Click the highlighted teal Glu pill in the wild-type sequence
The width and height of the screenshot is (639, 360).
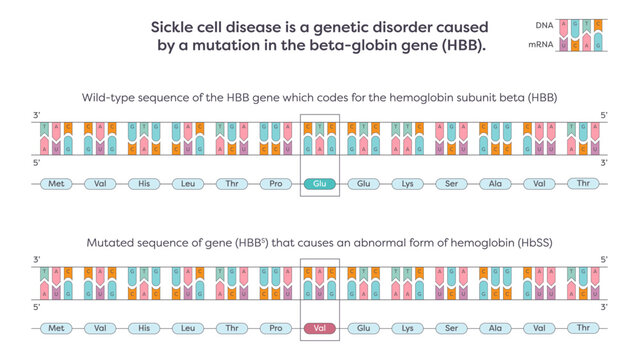pos(320,183)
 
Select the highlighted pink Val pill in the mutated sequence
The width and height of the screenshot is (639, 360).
pos(320,327)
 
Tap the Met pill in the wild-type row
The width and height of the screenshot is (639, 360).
pos(57,183)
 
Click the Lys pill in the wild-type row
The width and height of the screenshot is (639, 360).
pos(408,183)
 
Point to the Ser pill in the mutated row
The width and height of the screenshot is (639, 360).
pos(451,327)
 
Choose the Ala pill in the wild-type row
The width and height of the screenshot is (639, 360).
pos(495,183)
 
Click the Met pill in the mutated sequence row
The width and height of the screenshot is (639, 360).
pos(57,327)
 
